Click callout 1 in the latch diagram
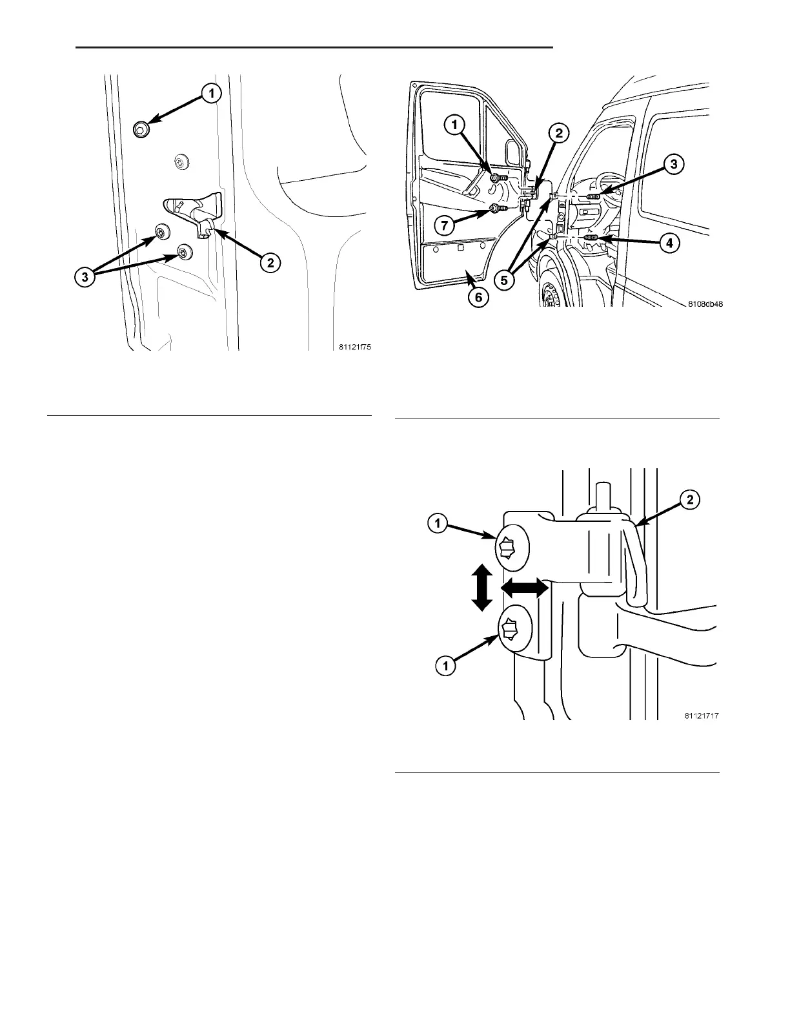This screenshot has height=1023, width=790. coord(210,94)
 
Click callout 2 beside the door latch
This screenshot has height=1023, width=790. coord(270,262)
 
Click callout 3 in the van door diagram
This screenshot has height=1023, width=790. coord(673,165)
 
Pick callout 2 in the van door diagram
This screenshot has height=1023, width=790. coord(559,134)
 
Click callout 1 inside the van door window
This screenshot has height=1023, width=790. coord(456,123)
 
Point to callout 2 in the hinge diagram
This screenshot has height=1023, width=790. coord(690,500)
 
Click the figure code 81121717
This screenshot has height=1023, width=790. coord(702,716)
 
